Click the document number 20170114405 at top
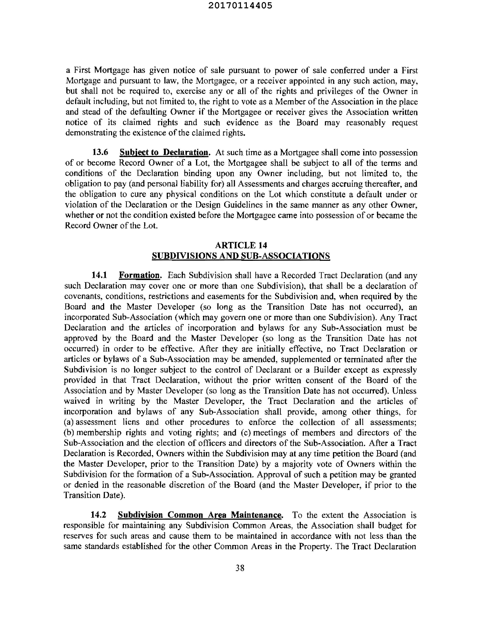coord(240,6)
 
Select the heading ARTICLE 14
coord(241,245)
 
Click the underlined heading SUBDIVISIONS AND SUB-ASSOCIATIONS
coord(241,256)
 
